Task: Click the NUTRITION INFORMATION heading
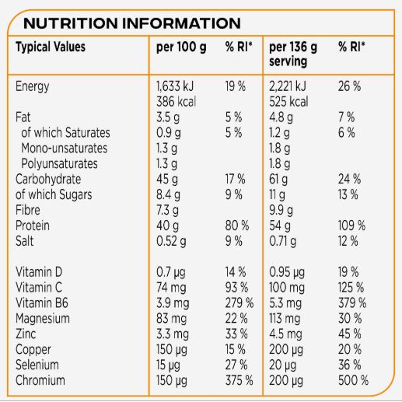click(132, 23)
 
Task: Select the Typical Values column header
click(51, 47)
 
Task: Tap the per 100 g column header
click(181, 47)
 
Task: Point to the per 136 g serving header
click(293, 54)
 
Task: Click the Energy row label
click(32, 86)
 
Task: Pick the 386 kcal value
click(176, 101)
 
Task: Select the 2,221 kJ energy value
click(288, 86)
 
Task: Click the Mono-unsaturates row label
click(65, 148)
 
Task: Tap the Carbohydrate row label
click(48, 179)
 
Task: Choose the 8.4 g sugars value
click(168, 194)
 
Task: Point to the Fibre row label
click(28, 210)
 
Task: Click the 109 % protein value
click(351, 225)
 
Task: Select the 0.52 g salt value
click(171, 241)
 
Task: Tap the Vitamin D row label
click(39, 272)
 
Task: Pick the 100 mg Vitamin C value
click(287, 288)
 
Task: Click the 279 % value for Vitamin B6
click(239, 303)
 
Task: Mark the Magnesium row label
click(43, 319)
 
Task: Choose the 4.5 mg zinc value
click(285, 334)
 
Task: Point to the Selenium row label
click(37, 365)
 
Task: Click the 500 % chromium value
click(353, 380)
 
